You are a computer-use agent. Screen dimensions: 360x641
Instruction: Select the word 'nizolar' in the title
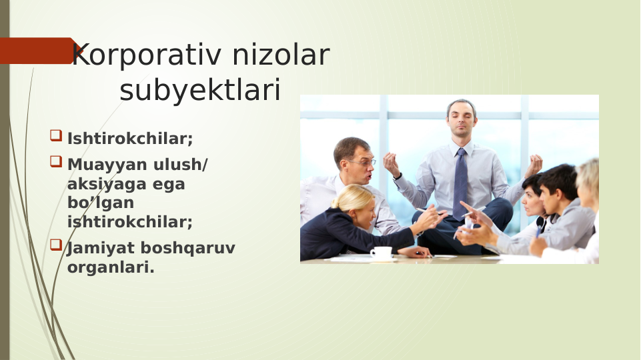[280, 56]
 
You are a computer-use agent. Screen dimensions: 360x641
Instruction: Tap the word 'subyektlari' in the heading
[200, 91]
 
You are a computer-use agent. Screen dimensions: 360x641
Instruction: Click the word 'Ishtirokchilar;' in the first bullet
[130, 139]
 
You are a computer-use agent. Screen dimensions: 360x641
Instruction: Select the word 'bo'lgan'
[101, 203]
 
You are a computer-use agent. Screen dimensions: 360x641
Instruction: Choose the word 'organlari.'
[111, 267]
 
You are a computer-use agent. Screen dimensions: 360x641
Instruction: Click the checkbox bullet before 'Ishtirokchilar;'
[55, 137]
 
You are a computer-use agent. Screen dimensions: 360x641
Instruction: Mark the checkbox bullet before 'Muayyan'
[55, 162]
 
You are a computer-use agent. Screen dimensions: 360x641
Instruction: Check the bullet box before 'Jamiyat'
[55, 245]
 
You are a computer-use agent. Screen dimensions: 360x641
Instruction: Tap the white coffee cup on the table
[382, 252]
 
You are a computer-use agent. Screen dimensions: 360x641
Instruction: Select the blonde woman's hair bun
[347, 196]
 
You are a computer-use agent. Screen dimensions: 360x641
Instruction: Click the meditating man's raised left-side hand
[390, 164]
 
